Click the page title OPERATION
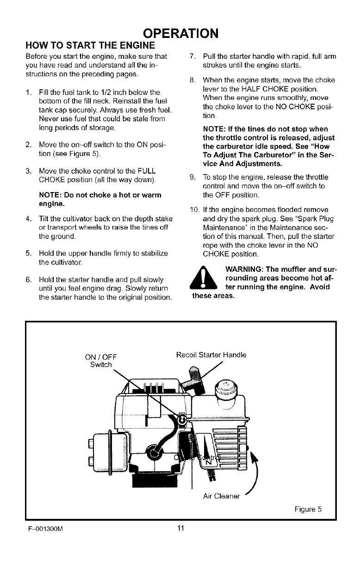[180, 34]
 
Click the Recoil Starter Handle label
[211, 355]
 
